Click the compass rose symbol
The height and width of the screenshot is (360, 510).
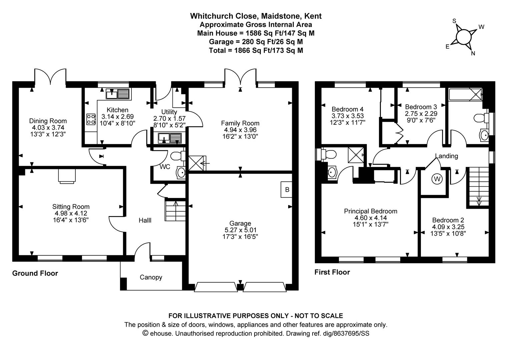(463, 36)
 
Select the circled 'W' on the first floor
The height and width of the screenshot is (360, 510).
(437, 179)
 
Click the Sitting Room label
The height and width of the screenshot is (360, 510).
(71, 207)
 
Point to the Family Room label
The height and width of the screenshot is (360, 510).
(240, 123)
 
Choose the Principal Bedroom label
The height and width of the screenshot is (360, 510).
(370, 211)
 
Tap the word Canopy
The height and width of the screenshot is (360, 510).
(151, 277)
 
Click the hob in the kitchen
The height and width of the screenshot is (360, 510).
(90, 119)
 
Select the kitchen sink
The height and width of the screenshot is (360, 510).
(117, 94)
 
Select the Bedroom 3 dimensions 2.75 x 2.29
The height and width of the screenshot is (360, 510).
(421, 113)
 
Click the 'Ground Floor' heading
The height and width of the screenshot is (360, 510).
(35, 273)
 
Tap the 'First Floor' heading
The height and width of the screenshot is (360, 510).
(332, 272)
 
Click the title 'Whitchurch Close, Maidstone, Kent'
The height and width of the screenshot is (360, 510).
(256, 16)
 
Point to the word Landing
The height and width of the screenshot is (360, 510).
(446, 156)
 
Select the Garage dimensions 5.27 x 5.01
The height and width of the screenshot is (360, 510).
(240, 230)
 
